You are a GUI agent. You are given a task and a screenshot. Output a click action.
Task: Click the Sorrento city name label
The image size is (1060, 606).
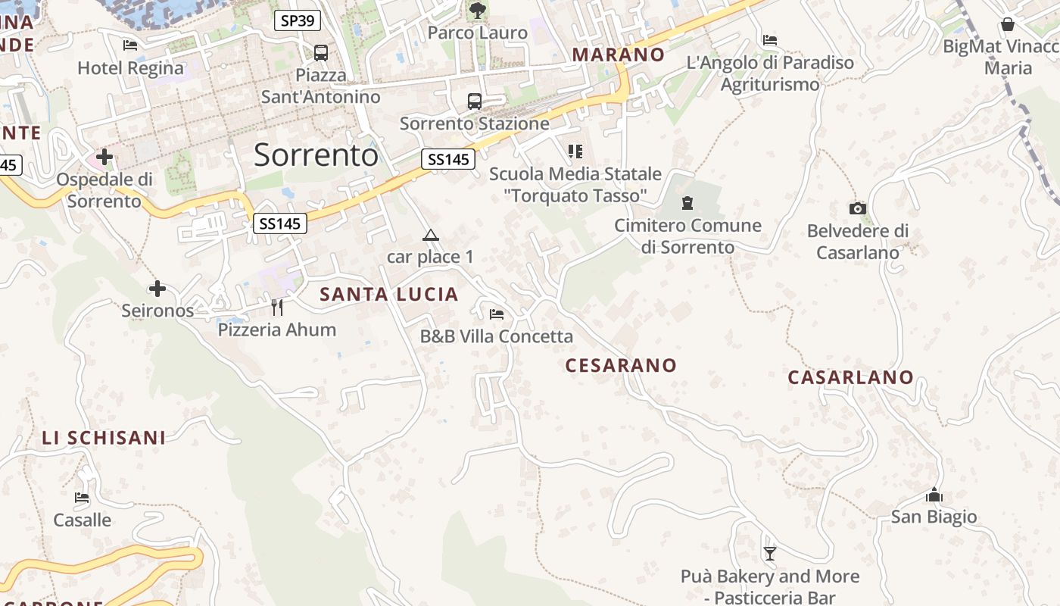coord(316,155)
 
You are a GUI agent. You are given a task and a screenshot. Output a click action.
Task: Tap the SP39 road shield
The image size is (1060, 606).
coord(297,20)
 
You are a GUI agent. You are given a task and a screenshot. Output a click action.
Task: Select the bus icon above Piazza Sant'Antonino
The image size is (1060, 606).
coord(321,52)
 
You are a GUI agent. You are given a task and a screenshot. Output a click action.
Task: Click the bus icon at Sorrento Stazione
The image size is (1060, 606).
coord(475,101)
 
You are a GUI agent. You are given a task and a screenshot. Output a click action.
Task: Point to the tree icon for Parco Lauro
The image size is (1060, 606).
coord(477,10)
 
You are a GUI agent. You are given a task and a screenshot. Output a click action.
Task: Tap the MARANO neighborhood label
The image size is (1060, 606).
coord(618,55)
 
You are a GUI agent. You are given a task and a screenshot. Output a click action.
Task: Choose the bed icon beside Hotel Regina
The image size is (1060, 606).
coord(130,45)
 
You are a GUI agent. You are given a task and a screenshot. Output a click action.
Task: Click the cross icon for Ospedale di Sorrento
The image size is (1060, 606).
coord(104,158)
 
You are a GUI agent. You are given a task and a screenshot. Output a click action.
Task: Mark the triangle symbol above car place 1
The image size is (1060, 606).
coord(430,236)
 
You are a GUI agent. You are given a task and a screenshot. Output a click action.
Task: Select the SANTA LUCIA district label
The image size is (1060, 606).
coord(389,295)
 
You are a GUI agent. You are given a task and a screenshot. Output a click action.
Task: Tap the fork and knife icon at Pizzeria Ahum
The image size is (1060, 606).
coord(277,307)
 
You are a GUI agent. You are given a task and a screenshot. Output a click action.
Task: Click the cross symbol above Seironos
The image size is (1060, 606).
coord(157,289)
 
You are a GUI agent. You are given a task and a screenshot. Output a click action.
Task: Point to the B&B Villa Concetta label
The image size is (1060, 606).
coord(497,336)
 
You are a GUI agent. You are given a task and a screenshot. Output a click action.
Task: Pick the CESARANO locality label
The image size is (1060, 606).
coord(621,365)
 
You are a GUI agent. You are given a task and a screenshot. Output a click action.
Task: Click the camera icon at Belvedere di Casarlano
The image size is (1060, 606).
coord(857,208)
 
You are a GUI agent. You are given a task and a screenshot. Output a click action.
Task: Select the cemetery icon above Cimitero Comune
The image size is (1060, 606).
coord(687,202)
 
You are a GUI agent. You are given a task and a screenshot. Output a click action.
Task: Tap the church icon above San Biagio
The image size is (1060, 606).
coord(934,495)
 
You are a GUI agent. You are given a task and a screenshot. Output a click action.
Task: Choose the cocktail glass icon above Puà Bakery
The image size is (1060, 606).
coord(770,554)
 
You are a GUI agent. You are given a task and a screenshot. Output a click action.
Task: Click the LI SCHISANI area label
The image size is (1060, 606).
coord(104,438)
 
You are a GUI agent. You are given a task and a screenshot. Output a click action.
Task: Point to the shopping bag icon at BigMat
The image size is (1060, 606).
coord(1007,25)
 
